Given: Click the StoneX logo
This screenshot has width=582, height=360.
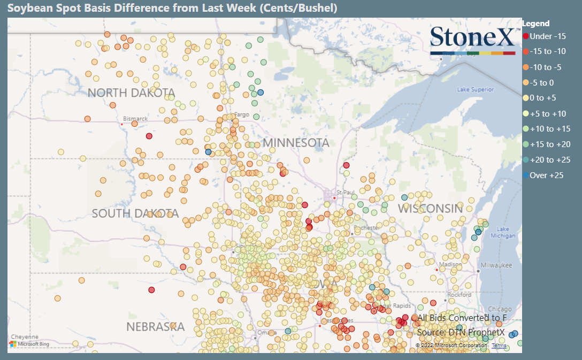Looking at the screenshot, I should (473, 40).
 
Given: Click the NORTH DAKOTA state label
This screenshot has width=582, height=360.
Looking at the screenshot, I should (131, 93).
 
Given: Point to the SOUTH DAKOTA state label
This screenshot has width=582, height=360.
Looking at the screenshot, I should (135, 213).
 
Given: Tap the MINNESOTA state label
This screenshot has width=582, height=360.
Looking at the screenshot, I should (295, 143).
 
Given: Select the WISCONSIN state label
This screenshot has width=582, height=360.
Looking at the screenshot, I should (430, 209).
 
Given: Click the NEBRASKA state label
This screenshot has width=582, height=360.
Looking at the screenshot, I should (155, 326).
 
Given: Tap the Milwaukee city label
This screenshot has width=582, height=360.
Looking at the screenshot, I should (496, 265).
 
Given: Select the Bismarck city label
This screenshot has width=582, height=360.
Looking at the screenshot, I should (135, 118).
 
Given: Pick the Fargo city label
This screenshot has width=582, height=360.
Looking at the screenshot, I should (242, 116).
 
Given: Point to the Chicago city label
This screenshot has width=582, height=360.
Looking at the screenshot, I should (500, 309).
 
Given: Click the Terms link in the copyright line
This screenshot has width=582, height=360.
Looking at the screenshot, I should (499, 346).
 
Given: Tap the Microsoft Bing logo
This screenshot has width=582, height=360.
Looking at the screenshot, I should (29, 344).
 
